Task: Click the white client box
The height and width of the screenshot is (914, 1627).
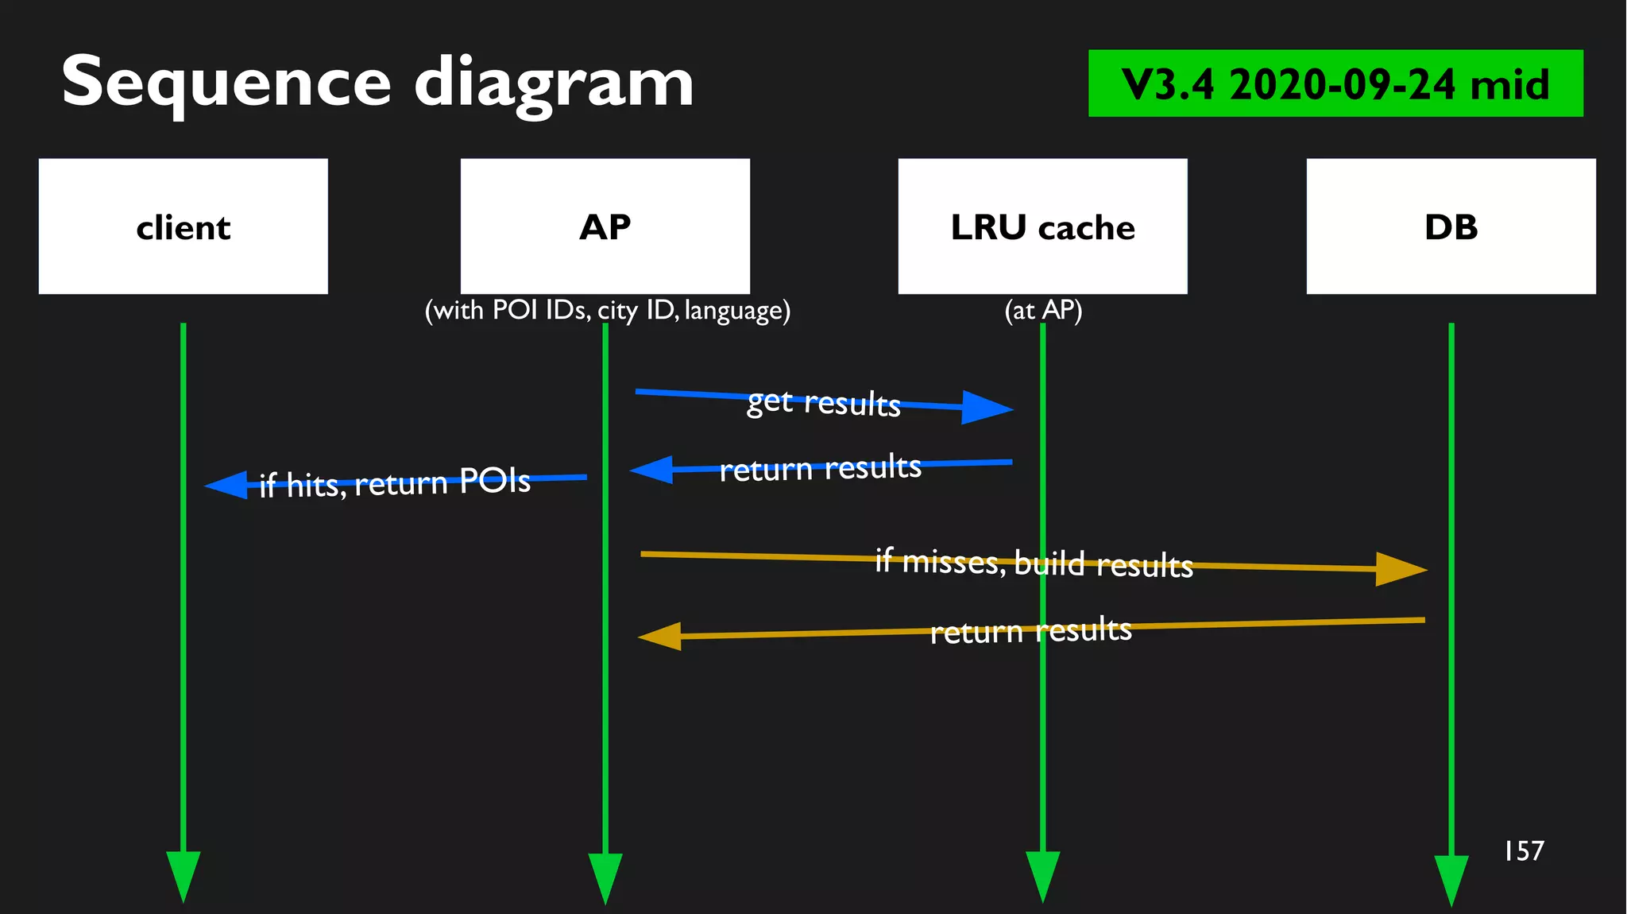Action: [x=183, y=227]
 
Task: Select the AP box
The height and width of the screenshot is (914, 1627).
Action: [x=605, y=227]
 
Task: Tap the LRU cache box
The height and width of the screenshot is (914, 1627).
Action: [x=1042, y=227]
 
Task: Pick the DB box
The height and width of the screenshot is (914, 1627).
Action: [x=1451, y=227]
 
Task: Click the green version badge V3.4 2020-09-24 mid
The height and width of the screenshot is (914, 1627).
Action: [x=1335, y=83]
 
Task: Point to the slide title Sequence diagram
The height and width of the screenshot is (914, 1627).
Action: [x=377, y=83]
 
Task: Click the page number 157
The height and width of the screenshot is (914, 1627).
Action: [x=1524, y=851]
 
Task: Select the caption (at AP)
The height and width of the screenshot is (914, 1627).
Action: [x=1043, y=310]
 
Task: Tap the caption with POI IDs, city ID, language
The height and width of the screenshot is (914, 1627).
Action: [x=608, y=310]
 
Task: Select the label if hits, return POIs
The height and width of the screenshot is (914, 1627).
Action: [x=395, y=482]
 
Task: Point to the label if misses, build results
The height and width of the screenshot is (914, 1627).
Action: [x=1034, y=563]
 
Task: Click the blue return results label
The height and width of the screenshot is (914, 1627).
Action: [x=820, y=468]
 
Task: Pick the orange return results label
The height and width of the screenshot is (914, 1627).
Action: [x=1030, y=631]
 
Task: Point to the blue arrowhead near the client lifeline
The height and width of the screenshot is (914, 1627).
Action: [x=228, y=485]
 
